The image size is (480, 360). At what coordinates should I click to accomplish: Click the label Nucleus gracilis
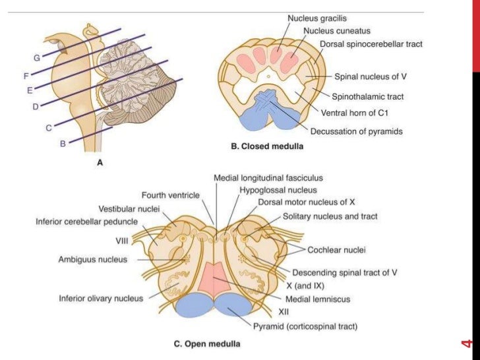click(316, 19)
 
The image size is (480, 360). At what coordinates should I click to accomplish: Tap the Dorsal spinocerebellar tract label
click(371, 44)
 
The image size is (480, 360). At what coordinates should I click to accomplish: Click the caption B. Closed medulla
click(266, 148)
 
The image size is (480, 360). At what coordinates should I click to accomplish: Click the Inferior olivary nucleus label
click(101, 299)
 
